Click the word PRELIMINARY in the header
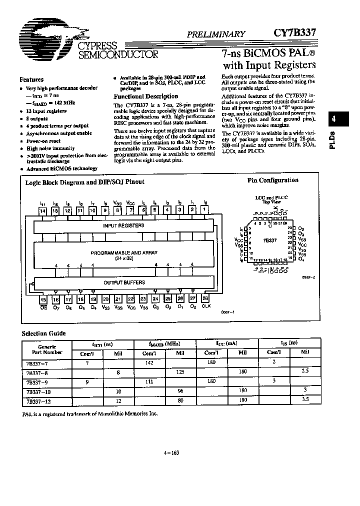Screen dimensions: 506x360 coord(216,34)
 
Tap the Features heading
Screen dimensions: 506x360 coord(31,79)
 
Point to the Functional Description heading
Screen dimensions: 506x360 coord(145,96)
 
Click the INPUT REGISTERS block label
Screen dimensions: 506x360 coord(123,225)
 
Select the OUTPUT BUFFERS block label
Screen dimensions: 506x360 coord(124,282)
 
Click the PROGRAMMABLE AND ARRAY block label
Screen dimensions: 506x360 coord(124,253)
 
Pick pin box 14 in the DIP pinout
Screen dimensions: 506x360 coord(43,211)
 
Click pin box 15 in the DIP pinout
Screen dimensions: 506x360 coord(43,299)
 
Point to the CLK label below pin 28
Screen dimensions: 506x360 coord(206,306)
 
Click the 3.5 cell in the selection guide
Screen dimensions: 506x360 coord(304,400)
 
